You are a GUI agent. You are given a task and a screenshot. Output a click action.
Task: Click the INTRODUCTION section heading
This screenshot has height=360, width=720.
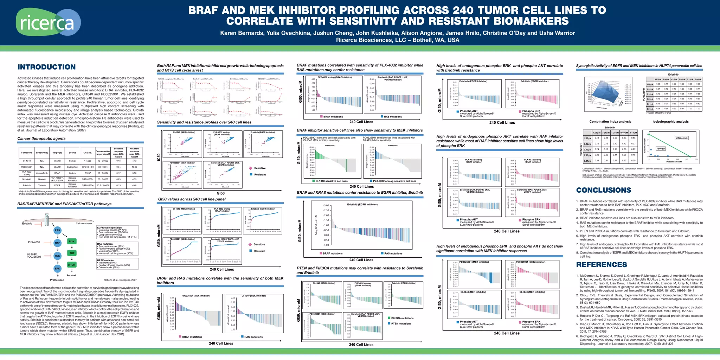[46, 67]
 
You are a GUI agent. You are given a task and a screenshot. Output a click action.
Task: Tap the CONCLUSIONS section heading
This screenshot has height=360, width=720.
[603, 190]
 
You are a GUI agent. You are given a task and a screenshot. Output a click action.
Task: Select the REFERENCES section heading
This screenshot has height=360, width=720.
[601, 265]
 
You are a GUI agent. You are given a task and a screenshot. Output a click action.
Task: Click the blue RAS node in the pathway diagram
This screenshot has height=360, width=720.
[57, 230]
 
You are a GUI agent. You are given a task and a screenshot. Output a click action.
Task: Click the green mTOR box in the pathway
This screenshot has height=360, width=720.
[72, 265]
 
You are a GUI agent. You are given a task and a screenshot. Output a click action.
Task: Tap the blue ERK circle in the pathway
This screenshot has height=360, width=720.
[57, 269]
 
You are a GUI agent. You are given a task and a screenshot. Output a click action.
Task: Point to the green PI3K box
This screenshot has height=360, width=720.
[72, 242]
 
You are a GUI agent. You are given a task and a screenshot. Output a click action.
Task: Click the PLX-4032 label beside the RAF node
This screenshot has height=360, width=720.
[34, 242]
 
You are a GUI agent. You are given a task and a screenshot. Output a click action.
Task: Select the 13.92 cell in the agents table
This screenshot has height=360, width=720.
[134, 167]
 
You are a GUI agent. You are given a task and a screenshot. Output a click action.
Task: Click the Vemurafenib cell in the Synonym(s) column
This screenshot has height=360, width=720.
[42, 173]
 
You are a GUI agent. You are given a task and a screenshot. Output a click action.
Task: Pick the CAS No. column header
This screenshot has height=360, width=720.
[88, 153]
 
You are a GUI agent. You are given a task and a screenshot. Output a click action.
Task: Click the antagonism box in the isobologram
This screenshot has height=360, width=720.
[681, 138]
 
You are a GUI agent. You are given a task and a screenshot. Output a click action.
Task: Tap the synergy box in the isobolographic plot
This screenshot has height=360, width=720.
[661, 148]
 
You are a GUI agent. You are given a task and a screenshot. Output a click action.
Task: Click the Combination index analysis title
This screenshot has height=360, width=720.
[610, 122]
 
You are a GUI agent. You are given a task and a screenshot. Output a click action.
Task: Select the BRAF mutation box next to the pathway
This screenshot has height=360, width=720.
[117, 264]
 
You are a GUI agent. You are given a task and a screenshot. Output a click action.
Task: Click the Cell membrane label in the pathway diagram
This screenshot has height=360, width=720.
[84, 223]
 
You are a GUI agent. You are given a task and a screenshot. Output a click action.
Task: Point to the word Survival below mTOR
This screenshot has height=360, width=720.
[71, 275]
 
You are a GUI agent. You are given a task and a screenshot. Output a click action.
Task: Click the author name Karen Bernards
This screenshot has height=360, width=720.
[242, 33]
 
